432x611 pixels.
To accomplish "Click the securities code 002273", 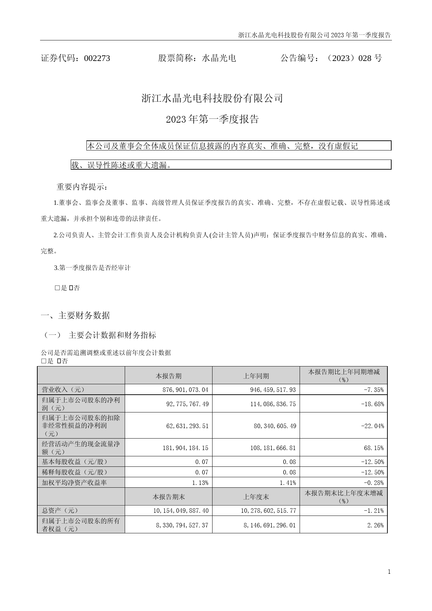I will tap(97, 58).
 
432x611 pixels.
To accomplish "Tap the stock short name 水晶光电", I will tap(219, 58).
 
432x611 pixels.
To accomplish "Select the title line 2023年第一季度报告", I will tap(212, 119).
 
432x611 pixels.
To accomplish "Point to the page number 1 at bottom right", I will tap(389, 572).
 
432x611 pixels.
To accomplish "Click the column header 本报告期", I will tap(168, 376).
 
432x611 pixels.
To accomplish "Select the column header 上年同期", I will tap(256, 376).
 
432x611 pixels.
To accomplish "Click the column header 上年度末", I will tap(256, 497).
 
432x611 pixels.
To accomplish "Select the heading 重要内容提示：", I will tap(82, 187).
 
